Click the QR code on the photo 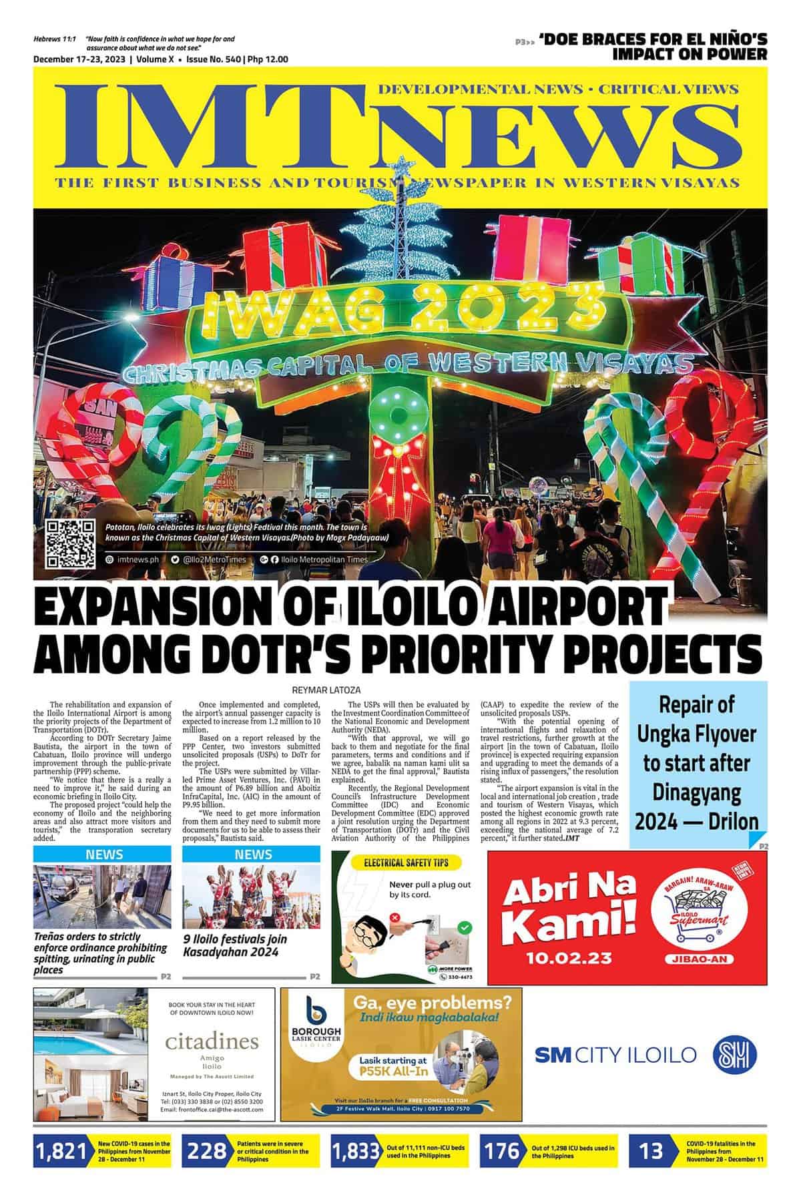pos(69,543)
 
